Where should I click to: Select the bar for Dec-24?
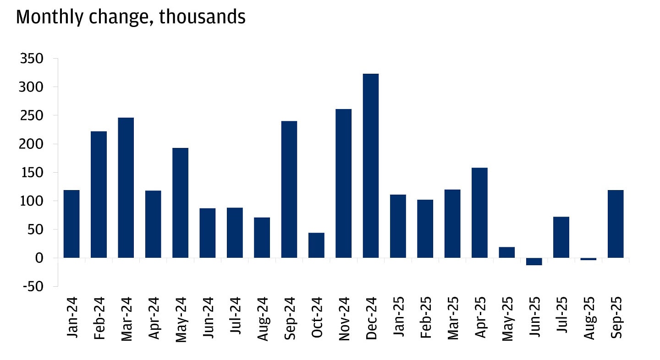point(371,166)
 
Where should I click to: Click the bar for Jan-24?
point(71,224)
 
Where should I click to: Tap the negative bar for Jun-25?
point(534,262)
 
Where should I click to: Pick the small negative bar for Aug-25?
point(588,259)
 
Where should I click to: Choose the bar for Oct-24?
point(316,245)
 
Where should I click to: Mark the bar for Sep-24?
point(289,189)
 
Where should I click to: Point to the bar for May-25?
point(507,252)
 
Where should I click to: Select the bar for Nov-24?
point(344,183)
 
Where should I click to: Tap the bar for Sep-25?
point(616,224)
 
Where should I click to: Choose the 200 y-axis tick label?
point(31,144)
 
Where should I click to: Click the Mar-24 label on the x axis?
point(126,317)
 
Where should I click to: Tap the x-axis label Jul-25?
point(562,317)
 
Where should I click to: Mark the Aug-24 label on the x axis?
point(262,317)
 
